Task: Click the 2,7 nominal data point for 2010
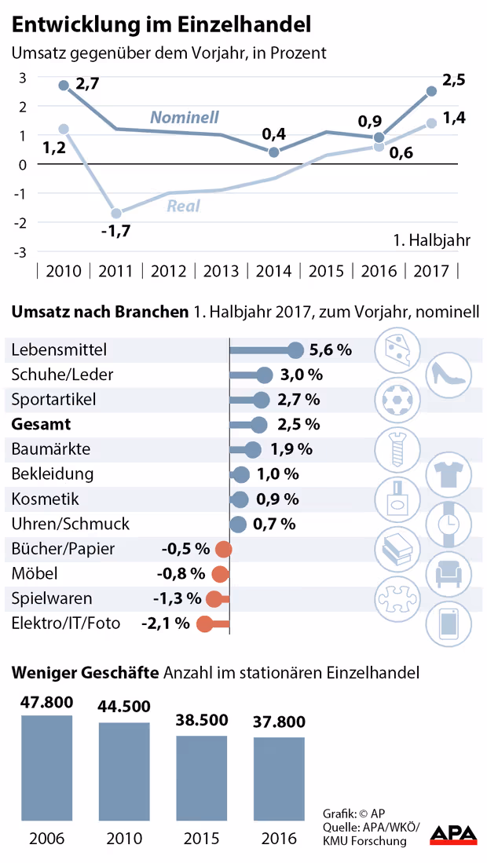tap(64, 85)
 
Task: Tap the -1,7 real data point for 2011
tap(116, 213)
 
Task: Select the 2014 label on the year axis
tap(273, 272)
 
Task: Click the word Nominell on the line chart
tap(185, 118)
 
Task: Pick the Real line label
tap(183, 207)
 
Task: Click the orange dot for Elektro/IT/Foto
tap(204, 624)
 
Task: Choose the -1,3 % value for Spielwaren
tap(177, 599)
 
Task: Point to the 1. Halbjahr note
tap(430, 240)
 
